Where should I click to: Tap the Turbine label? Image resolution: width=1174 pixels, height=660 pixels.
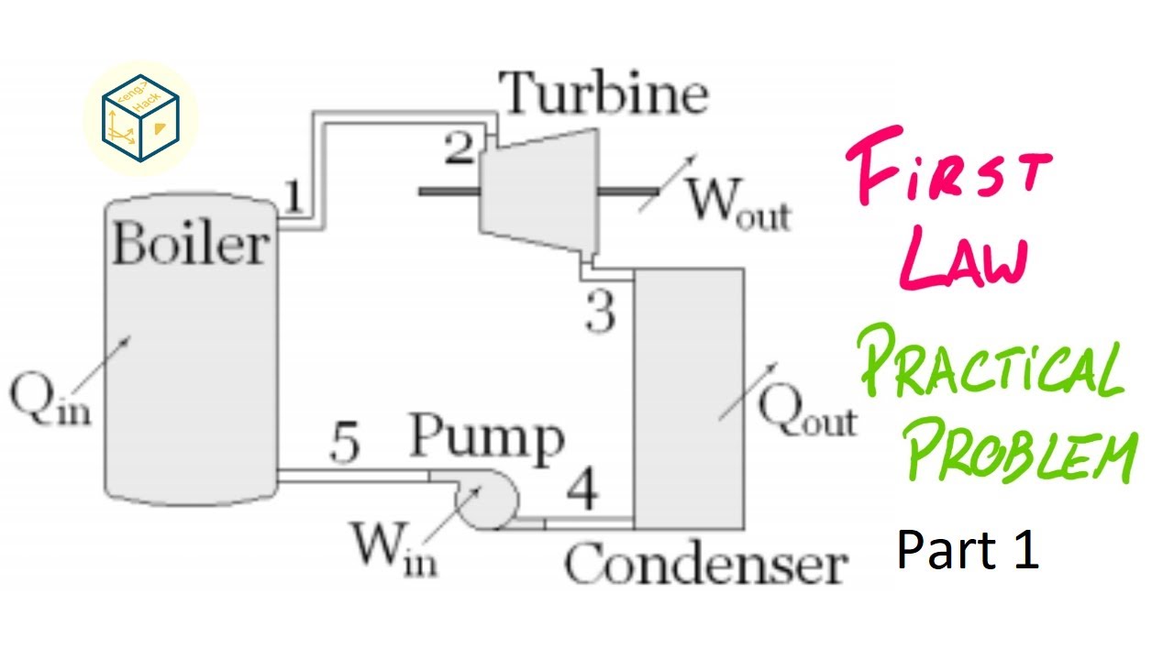[605, 93]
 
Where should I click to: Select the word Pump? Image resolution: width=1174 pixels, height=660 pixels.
[486, 438]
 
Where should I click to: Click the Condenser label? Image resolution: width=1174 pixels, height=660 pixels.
[703, 564]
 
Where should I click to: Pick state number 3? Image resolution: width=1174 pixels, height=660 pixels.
[601, 313]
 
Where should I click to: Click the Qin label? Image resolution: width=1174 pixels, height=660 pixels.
[50, 401]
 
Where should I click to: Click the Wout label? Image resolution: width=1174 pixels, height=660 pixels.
[738, 203]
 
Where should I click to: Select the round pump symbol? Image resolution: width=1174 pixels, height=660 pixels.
[487, 501]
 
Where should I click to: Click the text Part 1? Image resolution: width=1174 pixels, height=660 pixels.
[968, 550]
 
